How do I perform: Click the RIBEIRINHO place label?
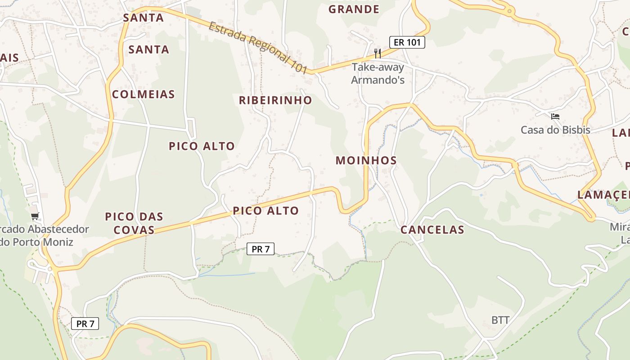click(275, 100)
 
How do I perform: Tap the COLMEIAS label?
click(143, 94)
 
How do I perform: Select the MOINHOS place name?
click(366, 160)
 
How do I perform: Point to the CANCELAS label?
click(432, 229)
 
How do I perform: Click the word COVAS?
click(134, 230)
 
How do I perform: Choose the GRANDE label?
click(354, 9)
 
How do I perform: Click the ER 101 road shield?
click(407, 42)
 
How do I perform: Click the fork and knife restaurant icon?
click(378, 54)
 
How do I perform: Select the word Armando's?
click(378, 80)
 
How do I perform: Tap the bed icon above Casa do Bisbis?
click(555, 117)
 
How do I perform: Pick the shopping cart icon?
click(35, 216)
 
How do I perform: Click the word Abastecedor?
click(58, 229)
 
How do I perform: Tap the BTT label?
click(500, 320)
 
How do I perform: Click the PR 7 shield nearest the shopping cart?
click(85, 323)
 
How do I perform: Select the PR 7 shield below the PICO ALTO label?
click(261, 248)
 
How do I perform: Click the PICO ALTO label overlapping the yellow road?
click(265, 211)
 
